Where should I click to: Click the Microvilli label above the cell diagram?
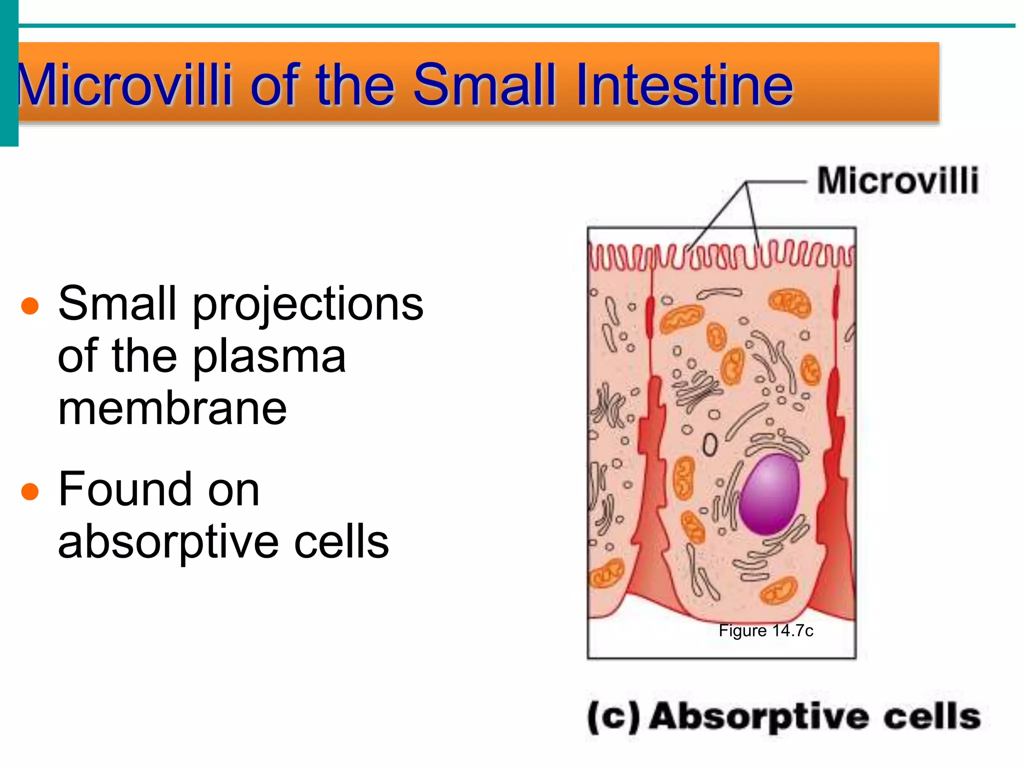(x=897, y=180)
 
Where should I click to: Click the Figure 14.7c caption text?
(x=765, y=630)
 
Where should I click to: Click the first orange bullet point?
(x=30, y=306)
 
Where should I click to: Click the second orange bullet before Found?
(x=30, y=491)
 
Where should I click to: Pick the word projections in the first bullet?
(x=308, y=305)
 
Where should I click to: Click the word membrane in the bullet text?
(x=172, y=409)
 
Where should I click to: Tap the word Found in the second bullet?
(x=158, y=490)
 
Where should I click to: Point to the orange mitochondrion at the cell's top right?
(x=789, y=303)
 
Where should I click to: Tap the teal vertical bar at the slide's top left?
(x=8, y=72)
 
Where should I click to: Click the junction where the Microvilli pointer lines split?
(x=746, y=182)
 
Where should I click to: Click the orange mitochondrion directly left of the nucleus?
(x=683, y=478)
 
